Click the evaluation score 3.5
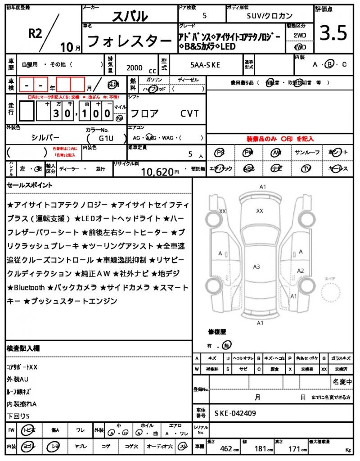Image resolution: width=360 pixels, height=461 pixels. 333,33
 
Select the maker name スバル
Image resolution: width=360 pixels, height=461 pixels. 129,17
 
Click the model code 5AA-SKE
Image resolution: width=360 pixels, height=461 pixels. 205,65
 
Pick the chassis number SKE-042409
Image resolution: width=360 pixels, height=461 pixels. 236,413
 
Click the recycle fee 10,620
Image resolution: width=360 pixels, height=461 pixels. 157,172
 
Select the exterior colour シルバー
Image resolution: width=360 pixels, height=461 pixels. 45,137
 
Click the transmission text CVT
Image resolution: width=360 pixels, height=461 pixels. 189,113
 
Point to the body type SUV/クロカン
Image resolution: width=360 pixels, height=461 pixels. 270,16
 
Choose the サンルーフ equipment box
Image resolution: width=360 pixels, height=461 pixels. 307,153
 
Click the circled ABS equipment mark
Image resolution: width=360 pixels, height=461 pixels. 249,169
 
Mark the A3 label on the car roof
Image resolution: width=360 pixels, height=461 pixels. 256,267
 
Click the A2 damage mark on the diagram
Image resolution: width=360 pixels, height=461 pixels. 301,270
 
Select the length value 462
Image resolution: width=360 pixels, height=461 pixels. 225,448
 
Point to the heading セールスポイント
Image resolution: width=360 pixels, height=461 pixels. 30,185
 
